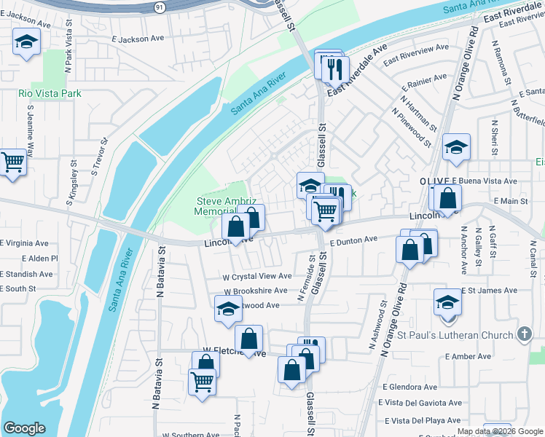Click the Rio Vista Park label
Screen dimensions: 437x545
click(x=50, y=94)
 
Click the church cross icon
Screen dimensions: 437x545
click(x=522, y=334)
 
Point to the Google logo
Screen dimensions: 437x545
click(x=24, y=428)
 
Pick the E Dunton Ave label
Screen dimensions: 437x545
click(x=354, y=240)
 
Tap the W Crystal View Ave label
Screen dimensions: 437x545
click(x=257, y=277)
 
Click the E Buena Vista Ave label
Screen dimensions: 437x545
click(x=484, y=181)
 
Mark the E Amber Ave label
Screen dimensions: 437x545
click(x=471, y=357)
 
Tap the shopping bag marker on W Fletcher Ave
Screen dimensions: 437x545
click(x=248, y=339)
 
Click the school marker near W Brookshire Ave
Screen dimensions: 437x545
click(x=228, y=310)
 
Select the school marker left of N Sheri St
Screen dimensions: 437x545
click(x=456, y=149)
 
